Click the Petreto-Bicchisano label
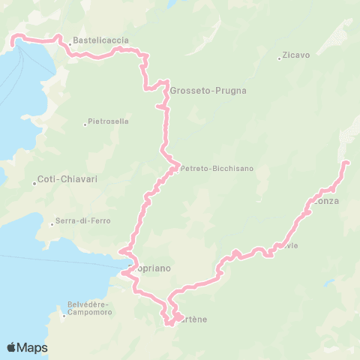coord(217,169)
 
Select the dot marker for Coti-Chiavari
coord(34,182)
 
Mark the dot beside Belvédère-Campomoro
coord(64,315)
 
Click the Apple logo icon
coord(12,347)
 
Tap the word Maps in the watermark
coord(33,347)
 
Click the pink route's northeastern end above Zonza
coord(345,163)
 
